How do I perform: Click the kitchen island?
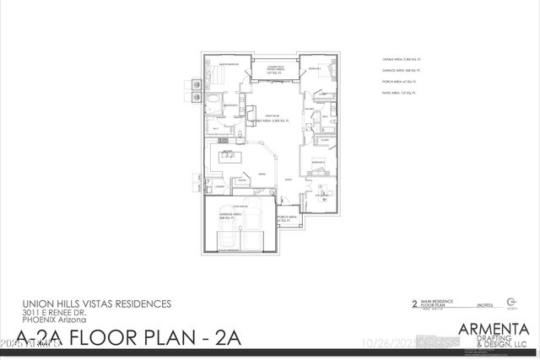(228, 157)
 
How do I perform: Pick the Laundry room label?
(218, 187)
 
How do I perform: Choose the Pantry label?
(240, 180)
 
